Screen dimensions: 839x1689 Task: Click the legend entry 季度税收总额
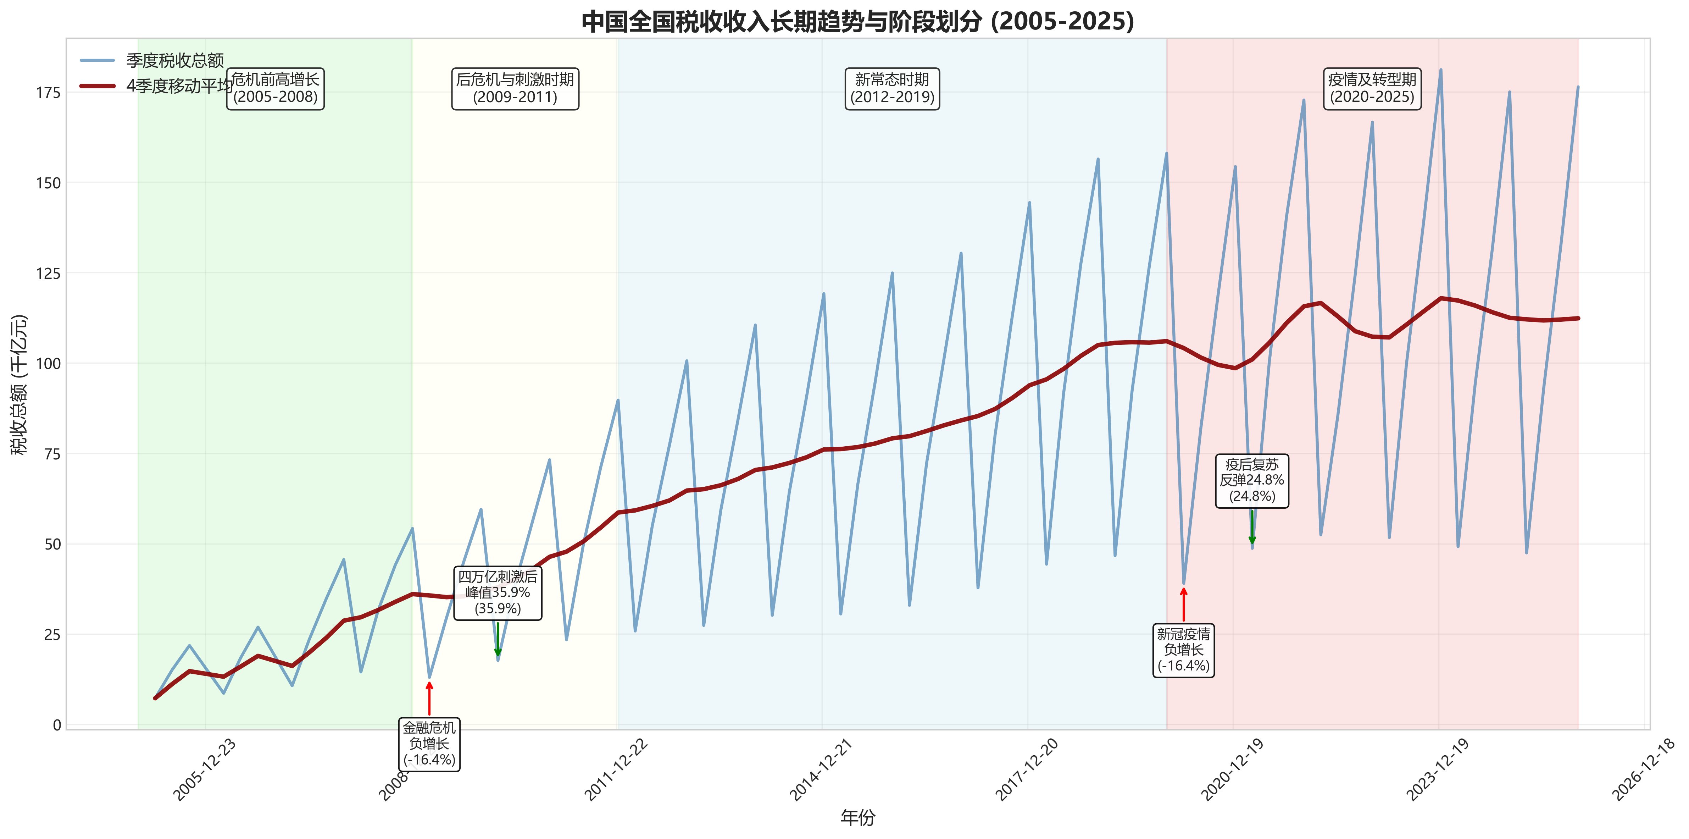coord(174,60)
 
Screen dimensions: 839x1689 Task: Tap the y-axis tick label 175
coord(48,93)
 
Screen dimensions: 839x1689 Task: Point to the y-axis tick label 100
coord(48,363)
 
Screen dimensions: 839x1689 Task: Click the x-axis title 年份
coord(857,817)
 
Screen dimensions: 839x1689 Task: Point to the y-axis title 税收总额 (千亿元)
coord(19,385)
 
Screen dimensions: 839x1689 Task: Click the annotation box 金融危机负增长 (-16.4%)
coord(429,744)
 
